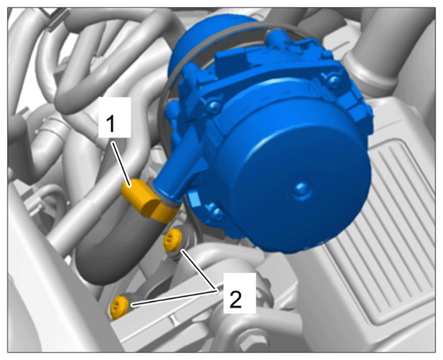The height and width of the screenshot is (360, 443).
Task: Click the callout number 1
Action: click(x=111, y=124)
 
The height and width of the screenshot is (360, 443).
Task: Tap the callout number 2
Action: click(x=235, y=300)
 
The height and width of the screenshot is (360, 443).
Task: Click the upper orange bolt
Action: click(x=172, y=240)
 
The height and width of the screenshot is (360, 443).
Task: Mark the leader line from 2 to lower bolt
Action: click(x=174, y=298)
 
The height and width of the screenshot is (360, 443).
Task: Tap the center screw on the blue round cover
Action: click(x=302, y=189)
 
